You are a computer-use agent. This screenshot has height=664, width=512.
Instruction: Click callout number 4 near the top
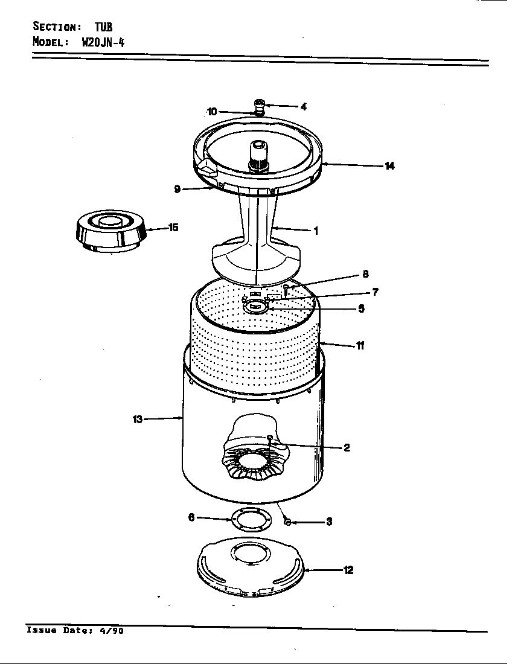point(304,107)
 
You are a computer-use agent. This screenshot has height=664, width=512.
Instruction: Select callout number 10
point(211,112)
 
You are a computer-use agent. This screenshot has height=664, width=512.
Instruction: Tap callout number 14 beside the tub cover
point(390,166)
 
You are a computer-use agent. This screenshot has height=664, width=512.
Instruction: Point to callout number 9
point(178,190)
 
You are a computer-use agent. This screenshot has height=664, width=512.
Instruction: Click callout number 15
point(173,228)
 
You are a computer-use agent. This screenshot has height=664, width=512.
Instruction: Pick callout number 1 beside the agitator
point(316,231)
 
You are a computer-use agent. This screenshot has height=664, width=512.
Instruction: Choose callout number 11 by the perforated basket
point(360,346)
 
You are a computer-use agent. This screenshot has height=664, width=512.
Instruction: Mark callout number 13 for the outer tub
point(137,419)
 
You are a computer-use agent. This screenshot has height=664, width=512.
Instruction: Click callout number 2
point(347,448)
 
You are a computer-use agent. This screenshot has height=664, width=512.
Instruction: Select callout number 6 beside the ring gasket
point(191,517)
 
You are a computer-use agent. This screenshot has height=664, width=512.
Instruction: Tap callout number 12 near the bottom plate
point(348,570)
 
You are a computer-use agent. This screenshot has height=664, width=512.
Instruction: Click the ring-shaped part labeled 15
point(110,232)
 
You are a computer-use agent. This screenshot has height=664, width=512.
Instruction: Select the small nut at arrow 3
point(287,522)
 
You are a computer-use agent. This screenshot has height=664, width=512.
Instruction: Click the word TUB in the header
point(103,27)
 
